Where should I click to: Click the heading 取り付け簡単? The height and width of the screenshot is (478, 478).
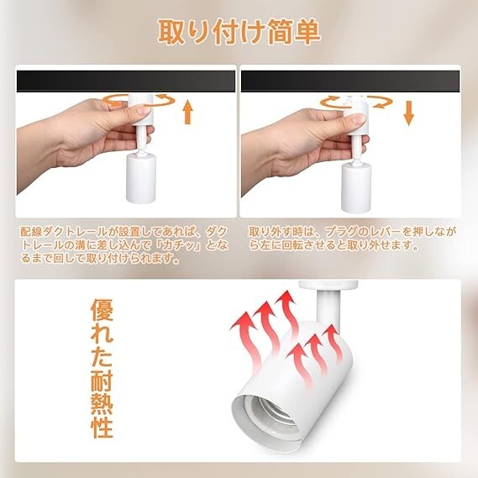point(239,33)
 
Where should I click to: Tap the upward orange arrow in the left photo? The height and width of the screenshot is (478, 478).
point(188,113)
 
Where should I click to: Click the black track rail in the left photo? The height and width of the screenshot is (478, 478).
point(126,81)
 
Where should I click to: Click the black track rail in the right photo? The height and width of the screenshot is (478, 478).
point(350,81)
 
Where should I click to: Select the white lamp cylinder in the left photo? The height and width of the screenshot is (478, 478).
point(141,178)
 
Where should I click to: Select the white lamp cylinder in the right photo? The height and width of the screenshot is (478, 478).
point(356,188)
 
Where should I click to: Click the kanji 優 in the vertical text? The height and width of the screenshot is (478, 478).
point(102,310)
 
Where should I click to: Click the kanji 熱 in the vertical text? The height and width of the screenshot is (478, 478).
point(102,403)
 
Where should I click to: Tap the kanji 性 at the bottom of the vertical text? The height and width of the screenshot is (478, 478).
point(102,427)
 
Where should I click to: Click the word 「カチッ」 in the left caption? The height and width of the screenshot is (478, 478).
point(178,245)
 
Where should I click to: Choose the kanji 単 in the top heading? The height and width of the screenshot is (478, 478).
point(307,33)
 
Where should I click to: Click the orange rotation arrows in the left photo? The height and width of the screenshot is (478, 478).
point(139,100)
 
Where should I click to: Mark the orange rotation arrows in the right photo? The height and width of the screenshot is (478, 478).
point(356,102)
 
